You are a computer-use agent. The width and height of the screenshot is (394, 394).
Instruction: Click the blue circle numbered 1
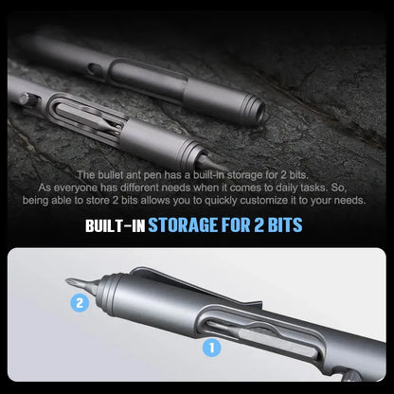point(210,348)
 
